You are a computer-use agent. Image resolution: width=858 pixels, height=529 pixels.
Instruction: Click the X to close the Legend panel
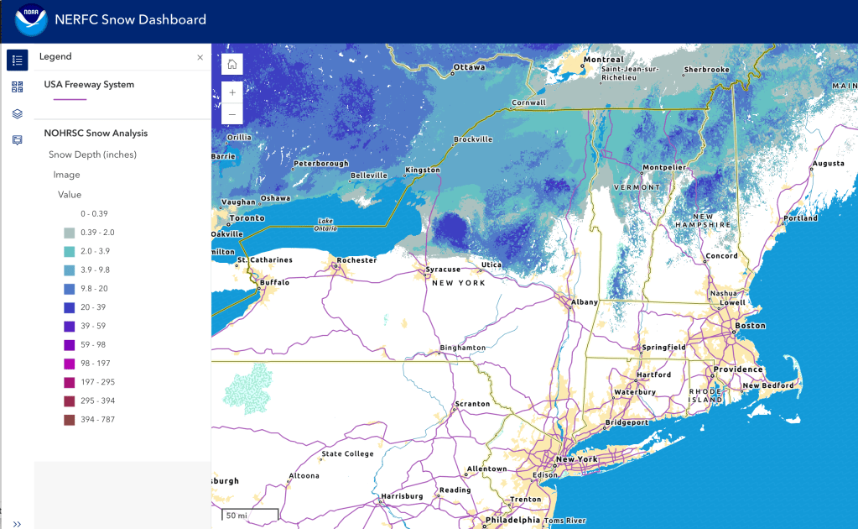tap(200, 57)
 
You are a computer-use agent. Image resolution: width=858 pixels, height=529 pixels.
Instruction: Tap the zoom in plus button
tap(232, 92)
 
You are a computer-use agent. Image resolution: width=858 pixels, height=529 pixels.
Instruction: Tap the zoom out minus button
tap(232, 114)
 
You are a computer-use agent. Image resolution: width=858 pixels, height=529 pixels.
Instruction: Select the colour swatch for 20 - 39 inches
tap(70, 307)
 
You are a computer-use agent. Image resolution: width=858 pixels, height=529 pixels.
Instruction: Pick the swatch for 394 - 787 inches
tap(70, 420)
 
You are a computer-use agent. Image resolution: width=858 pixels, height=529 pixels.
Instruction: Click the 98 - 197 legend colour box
tap(70, 364)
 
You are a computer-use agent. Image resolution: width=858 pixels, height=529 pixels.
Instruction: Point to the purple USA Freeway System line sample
tap(70, 99)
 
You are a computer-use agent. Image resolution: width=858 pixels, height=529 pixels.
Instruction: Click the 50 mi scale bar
tap(250, 514)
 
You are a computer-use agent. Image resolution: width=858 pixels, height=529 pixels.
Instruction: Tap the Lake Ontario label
tap(325, 224)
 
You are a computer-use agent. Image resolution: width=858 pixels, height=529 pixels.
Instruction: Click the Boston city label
tap(750, 326)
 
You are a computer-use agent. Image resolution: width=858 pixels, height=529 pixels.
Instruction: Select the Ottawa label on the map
tap(469, 67)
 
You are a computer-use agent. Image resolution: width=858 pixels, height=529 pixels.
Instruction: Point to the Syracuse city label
tap(443, 270)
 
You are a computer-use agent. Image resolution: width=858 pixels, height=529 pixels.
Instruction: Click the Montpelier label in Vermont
tap(664, 167)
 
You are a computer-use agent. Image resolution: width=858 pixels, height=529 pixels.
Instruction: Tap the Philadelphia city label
tap(514, 521)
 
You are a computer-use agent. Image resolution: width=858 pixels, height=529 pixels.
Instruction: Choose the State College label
tap(347, 455)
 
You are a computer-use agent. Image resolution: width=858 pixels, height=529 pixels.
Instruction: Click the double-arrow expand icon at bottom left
tap(17, 523)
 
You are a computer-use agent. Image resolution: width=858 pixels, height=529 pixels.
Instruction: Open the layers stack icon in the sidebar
tap(17, 113)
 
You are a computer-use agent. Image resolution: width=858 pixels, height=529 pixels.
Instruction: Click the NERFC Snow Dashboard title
tap(130, 20)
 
